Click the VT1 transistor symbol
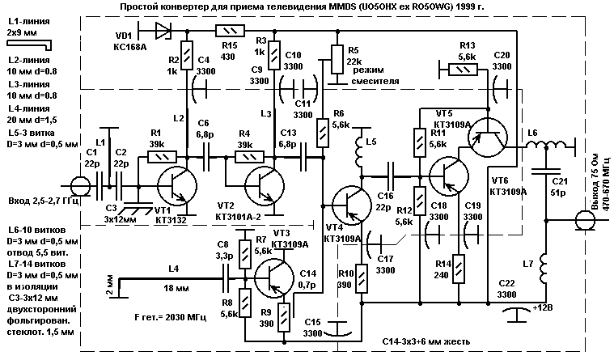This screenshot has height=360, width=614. click(x=175, y=185)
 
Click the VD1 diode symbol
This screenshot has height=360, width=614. click(x=161, y=31)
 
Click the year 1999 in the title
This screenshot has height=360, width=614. click(x=474, y=7)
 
